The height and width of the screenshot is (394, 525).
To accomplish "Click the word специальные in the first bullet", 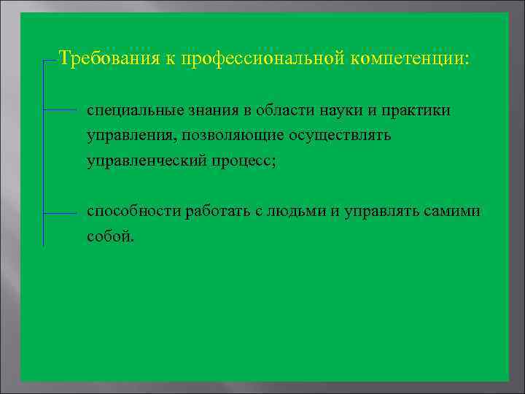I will [x=128, y=111].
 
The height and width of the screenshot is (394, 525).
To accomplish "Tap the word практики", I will [x=415, y=111].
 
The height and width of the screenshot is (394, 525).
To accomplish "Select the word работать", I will [x=217, y=212].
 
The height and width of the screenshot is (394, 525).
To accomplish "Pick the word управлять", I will [x=376, y=212].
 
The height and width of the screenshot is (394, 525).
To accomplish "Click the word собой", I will [x=110, y=237].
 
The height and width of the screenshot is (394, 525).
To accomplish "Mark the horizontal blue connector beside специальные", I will [x=60, y=110].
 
